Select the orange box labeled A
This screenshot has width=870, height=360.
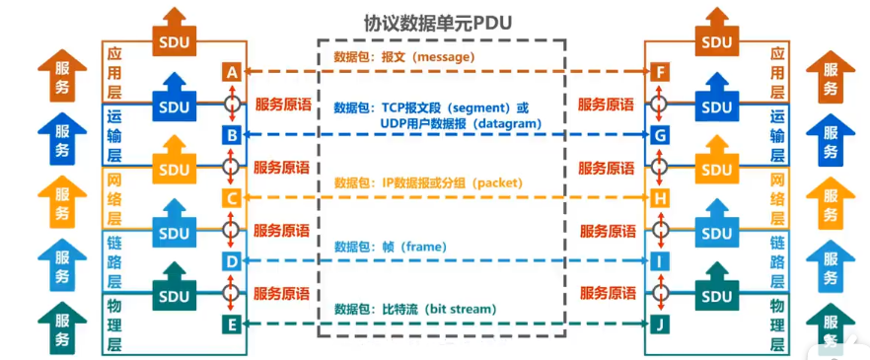click(x=231, y=72)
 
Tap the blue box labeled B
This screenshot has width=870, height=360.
click(x=231, y=135)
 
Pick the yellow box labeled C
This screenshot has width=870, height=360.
click(x=231, y=198)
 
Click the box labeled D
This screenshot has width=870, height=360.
click(x=231, y=261)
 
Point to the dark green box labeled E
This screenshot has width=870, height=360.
click(x=231, y=324)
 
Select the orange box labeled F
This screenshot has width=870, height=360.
click(x=660, y=72)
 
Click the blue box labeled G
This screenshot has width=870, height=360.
click(x=660, y=135)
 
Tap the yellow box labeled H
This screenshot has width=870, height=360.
click(x=660, y=198)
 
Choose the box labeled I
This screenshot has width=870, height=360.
click(x=660, y=261)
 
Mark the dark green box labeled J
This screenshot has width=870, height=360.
click(x=660, y=324)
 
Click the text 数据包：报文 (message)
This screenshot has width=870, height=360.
click(x=403, y=57)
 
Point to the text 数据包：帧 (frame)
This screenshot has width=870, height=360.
click(x=390, y=247)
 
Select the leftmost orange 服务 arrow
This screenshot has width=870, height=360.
click(x=62, y=79)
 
